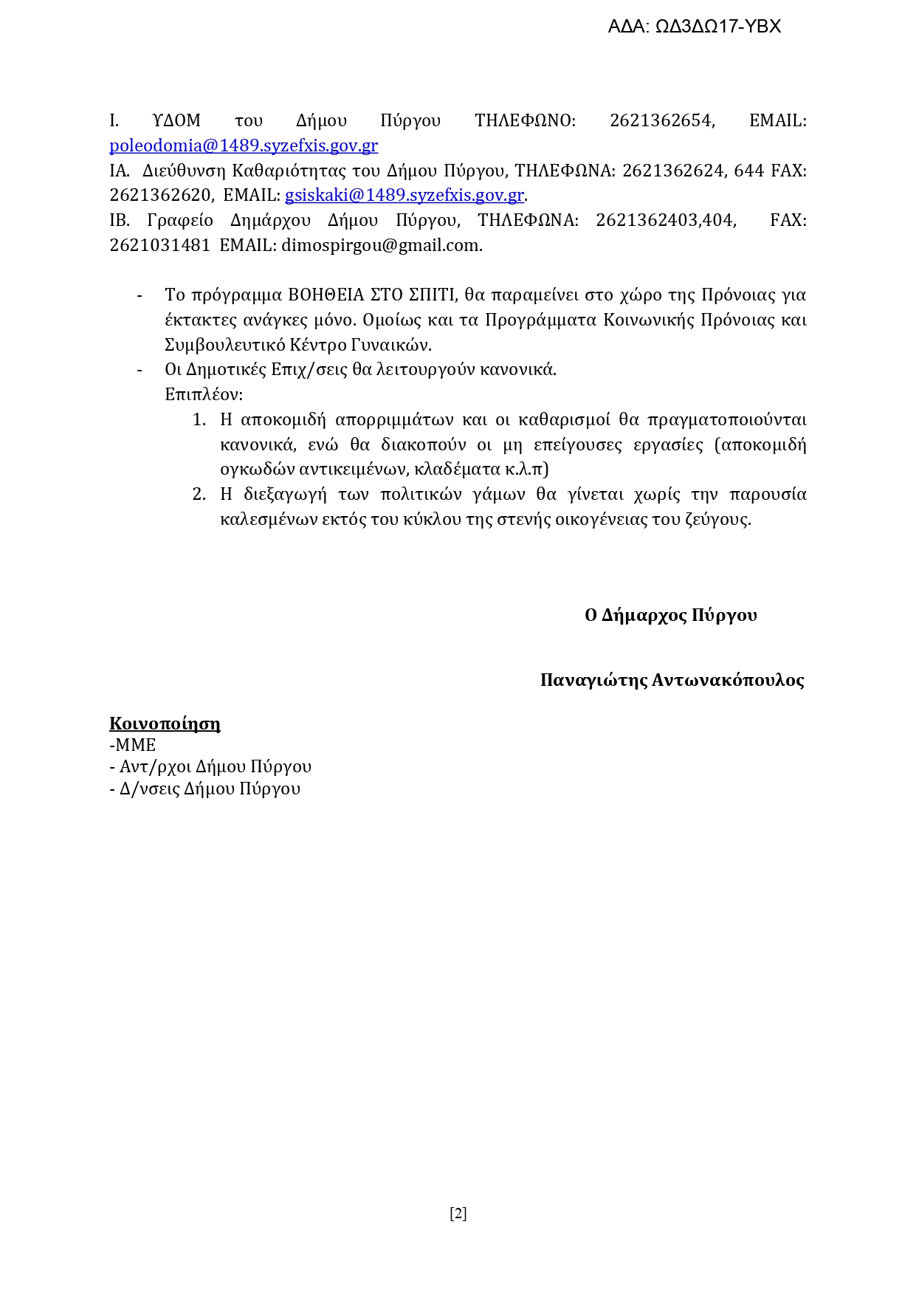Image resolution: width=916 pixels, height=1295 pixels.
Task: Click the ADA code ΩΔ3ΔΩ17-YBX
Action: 717,27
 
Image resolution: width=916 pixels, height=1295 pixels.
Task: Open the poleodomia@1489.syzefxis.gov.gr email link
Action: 244,145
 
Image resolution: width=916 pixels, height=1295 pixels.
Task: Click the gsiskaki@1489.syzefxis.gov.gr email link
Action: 404,196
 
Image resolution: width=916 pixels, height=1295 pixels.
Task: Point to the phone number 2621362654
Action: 661,120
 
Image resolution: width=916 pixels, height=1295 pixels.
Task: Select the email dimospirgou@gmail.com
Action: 381,245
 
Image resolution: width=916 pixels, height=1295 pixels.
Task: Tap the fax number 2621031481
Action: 160,245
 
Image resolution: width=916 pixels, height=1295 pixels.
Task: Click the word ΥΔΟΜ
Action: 176,120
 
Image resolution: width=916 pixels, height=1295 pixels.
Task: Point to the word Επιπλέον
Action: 203,394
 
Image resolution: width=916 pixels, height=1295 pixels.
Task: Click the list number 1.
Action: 199,420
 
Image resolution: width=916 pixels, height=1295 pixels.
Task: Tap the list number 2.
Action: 199,494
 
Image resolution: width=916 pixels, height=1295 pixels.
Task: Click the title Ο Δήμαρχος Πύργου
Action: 670,615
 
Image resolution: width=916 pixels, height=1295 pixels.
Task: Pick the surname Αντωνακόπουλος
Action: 728,680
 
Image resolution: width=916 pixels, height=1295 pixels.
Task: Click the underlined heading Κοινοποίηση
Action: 165,724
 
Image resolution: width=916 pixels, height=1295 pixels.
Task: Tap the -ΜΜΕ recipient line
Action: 133,745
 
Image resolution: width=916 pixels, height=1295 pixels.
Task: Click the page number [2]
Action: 458,1213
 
